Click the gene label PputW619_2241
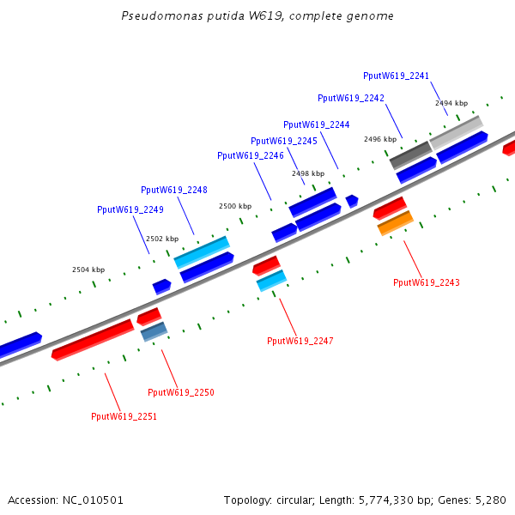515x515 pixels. pyautogui.click(x=396, y=76)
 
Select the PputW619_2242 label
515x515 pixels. pyautogui.click(x=351, y=98)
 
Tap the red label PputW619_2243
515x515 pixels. pyautogui.click(x=427, y=282)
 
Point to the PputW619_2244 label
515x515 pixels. pyautogui.click(x=316, y=124)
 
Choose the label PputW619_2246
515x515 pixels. pyautogui.click(x=251, y=155)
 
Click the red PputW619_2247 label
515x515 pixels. pyautogui.click(x=300, y=341)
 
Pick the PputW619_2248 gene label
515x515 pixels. pyautogui.click(x=174, y=191)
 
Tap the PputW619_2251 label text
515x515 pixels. pyautogui.click(x=124, y=416)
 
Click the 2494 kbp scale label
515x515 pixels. pyautogui.click(x=451, y=103)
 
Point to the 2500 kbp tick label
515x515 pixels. pyautogui.click(x=235, y=206)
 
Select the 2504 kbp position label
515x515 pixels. pyautogui.click(x=88, y=270)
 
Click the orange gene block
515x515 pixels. pyautogui.click(x=396, y=223)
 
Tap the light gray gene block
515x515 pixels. pyautogui.click(x=457, y=133)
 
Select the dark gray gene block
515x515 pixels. pyautogui.click(x=411, y=155)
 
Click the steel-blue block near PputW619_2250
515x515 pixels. pyautogui.click(x=154, y=331)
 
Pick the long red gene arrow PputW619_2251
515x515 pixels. pyautogui.click(x=93, y=340)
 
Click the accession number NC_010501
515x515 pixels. pyautogui.click(x=93, y=500)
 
